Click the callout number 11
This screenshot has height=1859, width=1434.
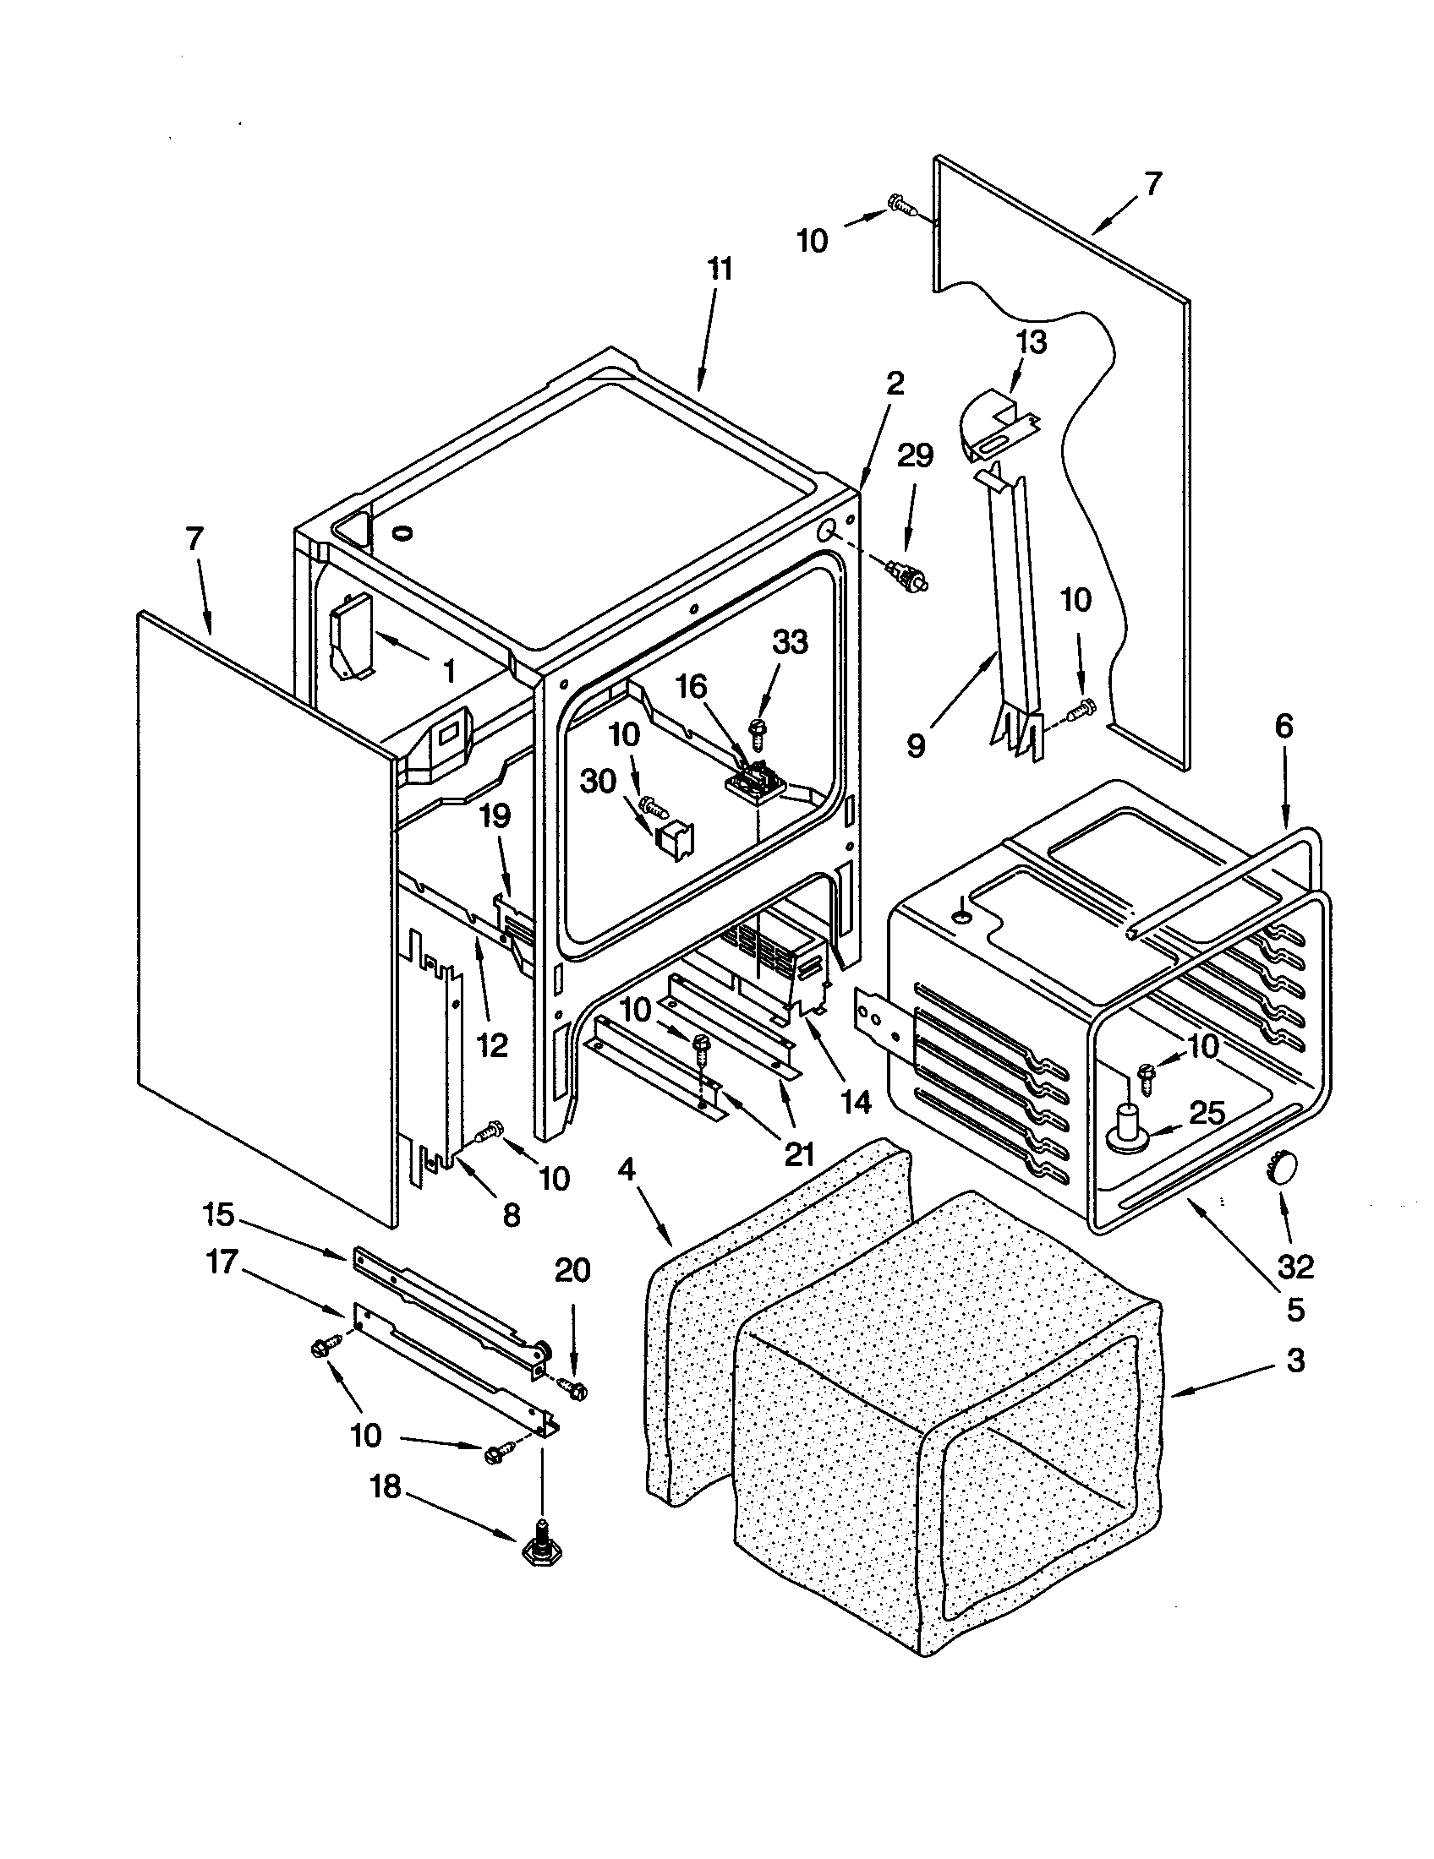tap(720, 270)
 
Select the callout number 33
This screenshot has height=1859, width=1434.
tap(790, 642)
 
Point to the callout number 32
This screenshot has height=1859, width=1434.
tap(1295, 1267)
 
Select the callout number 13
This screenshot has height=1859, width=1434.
tap(1032, 342)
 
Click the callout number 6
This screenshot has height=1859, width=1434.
tap(1283, 726)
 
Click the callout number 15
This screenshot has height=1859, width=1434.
tap(218, 1214)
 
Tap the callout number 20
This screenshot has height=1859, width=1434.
tap(572, 1271)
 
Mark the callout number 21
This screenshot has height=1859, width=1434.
tap(797, 1153)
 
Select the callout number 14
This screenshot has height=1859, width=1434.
tap(855, 1101)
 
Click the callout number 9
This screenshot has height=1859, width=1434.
tap(916, 745)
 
